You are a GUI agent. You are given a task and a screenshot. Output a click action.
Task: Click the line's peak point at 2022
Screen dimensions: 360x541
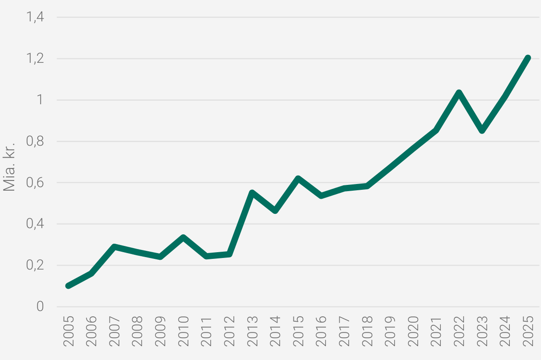[459, 93]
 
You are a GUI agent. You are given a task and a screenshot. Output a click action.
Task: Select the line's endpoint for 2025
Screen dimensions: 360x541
[528, 58]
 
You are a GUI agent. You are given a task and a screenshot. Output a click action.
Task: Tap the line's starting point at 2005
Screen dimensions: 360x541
[68, 286]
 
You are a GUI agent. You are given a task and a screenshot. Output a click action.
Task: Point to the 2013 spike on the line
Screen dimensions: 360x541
[252, 193]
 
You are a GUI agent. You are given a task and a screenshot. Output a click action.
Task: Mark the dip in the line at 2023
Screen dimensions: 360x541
[482, 131]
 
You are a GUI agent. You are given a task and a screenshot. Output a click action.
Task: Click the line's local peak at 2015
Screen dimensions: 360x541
[298, 179]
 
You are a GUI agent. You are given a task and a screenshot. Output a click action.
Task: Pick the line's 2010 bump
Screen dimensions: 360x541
[183, 237]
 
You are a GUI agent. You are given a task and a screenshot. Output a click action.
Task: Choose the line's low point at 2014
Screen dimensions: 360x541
[275, 210]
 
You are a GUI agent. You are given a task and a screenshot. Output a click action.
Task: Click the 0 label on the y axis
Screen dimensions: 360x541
[40, 307]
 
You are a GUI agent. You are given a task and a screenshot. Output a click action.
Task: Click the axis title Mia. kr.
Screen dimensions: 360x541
[10, 167]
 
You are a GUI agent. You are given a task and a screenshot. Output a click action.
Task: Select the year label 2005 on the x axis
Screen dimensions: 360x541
[69, 331]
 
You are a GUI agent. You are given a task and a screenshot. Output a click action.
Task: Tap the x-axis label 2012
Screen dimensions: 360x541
[229, 331]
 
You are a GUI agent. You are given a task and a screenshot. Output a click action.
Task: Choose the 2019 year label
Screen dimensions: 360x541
[390, 331]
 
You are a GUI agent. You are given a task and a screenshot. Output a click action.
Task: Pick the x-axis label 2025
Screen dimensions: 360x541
[528, 331]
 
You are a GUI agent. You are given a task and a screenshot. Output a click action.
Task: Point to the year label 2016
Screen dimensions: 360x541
[321, 331]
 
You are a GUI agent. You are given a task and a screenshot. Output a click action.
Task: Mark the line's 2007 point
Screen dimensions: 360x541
[114, 247]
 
